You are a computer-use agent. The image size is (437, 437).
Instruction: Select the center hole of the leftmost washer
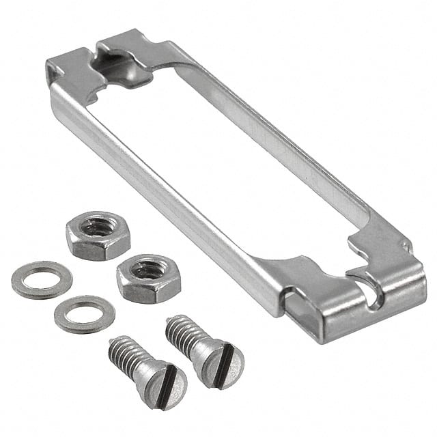coord(41,279)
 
